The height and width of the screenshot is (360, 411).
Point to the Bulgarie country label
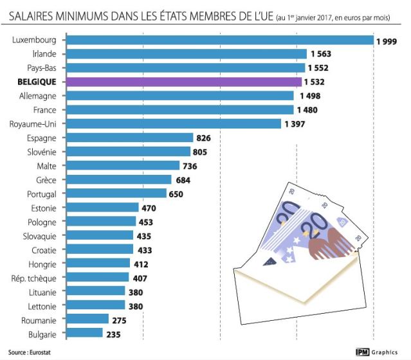(x=43, y=334)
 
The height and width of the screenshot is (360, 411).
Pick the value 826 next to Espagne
(x=204, y=138)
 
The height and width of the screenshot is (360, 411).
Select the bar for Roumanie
(x=87, y=319)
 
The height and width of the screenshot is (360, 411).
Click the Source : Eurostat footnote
(x=26, y=352)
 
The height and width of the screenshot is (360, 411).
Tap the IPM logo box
(x=365, y=352)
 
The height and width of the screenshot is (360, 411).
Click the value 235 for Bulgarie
(x=113, y=334)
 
